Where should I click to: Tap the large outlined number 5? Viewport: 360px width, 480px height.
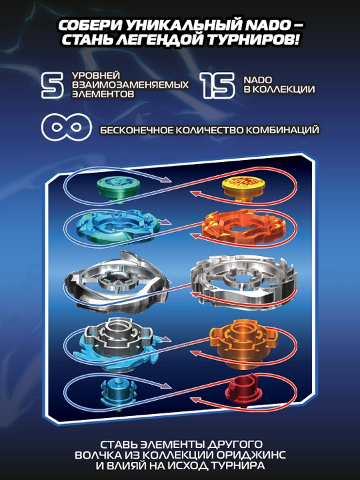pyautogui.click(x=53, y=85)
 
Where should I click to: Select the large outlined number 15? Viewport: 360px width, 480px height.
pyautogui.click(x=218, y=85)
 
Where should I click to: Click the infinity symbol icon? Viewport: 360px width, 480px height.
pyautogui.click(x=67, y=127)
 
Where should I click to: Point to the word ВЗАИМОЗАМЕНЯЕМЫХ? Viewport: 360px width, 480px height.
pyautogui.click(x=131, y=85)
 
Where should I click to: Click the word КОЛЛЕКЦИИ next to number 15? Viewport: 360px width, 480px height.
pyautogui.click(x=284, y=89)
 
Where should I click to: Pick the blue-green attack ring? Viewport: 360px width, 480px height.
pyautogui.click(x=118, y=227)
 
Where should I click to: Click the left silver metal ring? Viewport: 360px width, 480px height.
pyautogui.click(x=116, y=282)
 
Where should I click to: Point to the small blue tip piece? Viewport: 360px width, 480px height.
pyautogui.click(x=119, y=394)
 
